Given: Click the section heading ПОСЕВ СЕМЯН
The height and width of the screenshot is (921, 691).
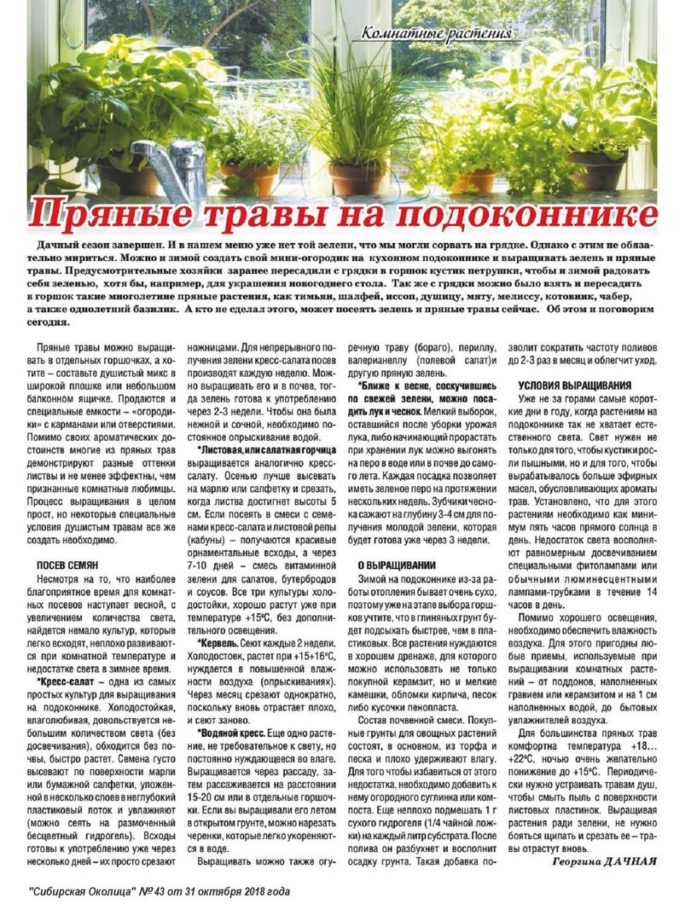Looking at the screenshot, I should [67, 565].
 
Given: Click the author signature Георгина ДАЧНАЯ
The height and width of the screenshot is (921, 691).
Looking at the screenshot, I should [597, 861].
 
